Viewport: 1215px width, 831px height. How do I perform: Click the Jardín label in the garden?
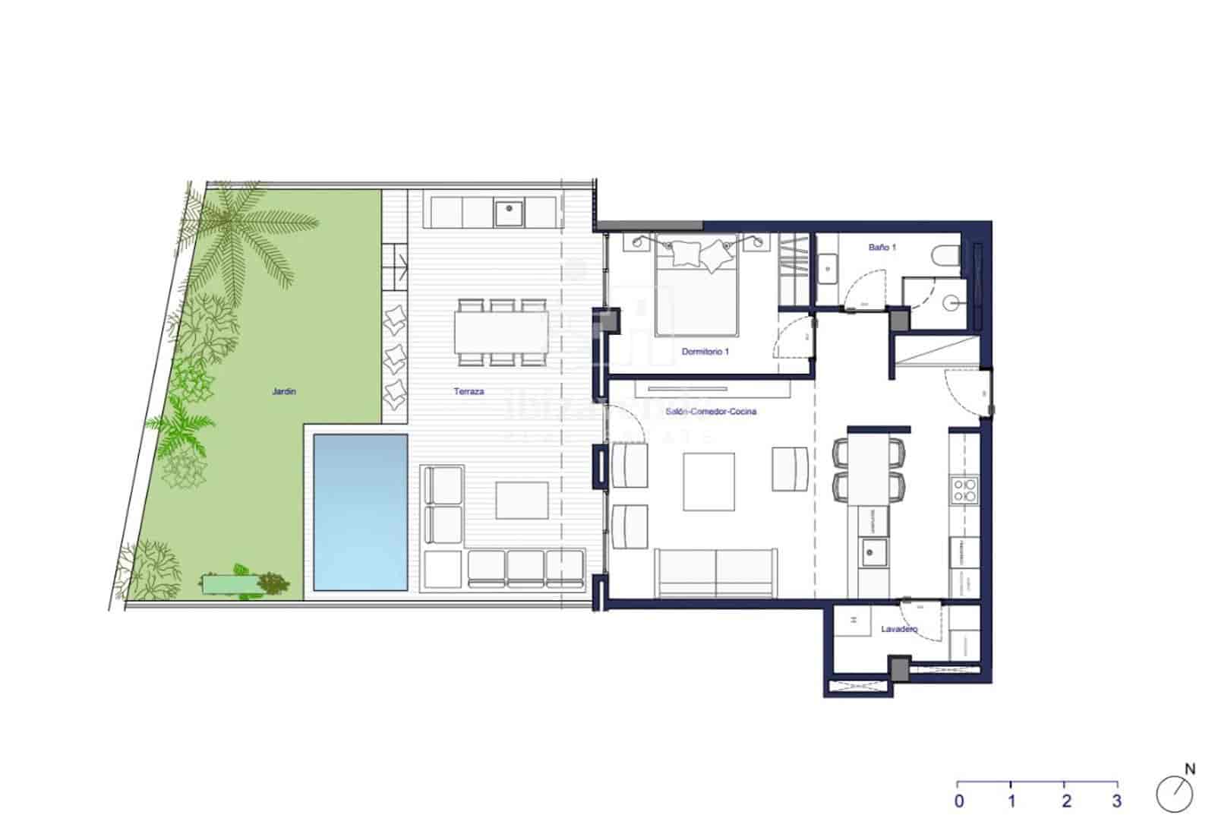[x=284, y=392]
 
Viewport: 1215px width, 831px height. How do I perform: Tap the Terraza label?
[x=469, y=392]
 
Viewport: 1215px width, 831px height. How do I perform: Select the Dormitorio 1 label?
[x=705, y=352]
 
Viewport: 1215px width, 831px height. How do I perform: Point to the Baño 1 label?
[x=882, y=248]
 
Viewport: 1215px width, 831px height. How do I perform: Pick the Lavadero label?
[x=899, y=630]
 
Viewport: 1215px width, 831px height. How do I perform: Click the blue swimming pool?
[x=360, y=512]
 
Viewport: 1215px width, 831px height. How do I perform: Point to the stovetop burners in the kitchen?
[x=965, y=490]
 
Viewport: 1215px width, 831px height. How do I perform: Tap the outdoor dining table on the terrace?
[x=502, y=333]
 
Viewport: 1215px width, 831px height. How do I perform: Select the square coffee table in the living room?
[x=708, y=482]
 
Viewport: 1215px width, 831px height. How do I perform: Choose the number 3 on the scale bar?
[x=1116, y=801]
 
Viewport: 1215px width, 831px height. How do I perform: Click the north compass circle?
[x=1174, y=795]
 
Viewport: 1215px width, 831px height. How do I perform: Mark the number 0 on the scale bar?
[x=959, y=801]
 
